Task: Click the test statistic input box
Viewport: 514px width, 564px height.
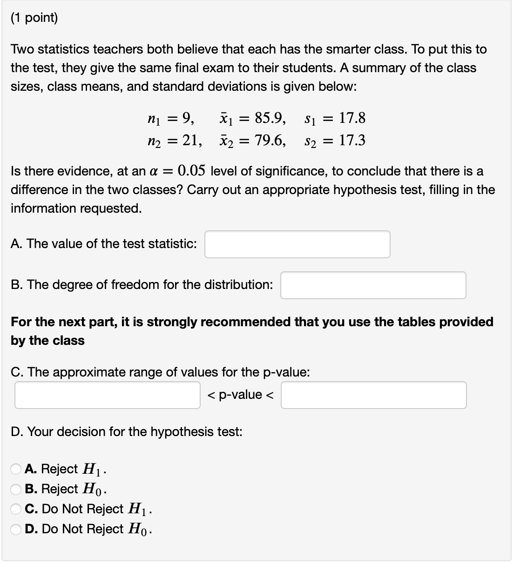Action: point(297,244)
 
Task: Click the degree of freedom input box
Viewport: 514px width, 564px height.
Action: point(373,285)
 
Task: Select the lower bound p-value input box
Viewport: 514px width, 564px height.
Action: point(108,395)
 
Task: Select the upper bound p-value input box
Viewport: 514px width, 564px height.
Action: point(373,395)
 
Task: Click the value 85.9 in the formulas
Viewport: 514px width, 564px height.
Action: point(270,118)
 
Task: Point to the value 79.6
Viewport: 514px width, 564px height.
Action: point(270,140)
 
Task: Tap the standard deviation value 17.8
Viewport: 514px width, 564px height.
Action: point(352,118)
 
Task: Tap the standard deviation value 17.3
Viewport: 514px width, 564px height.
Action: point(352,140)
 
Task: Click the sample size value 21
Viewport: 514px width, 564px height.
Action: point(191,140)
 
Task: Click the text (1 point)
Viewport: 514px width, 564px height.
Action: point(34,18)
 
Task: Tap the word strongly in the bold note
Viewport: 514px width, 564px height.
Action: point(172,322)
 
